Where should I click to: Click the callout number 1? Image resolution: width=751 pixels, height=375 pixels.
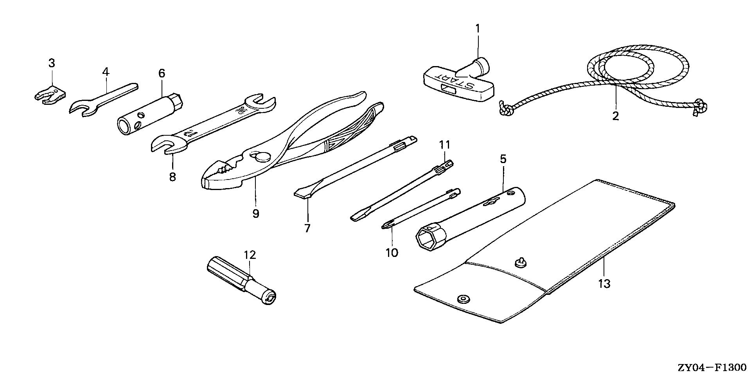pos(477,29)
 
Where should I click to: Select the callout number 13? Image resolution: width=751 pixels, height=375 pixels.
pos(604,283)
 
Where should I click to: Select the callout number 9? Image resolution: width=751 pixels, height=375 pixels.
pos(255,214)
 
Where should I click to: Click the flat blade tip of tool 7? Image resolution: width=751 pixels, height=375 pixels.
pos(302,193)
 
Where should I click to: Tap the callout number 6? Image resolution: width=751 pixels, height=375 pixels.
pos(162,73)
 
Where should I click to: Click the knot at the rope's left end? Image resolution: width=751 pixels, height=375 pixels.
pos(504,110)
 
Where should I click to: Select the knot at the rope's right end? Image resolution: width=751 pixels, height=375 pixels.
pos(700,106)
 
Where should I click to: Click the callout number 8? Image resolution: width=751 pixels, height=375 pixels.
pos(172,176)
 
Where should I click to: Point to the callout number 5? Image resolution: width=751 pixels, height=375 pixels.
pos(503,159)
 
